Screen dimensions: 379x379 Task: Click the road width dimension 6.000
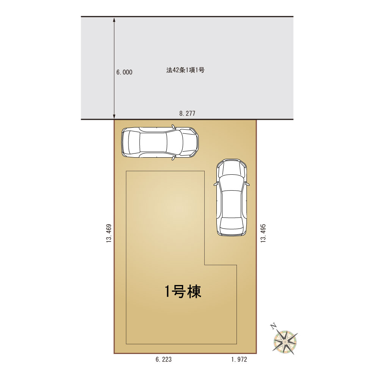click(124, 72)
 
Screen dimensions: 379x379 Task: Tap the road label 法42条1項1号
click(185, 70)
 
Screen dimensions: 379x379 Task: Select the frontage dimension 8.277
click(187, 113)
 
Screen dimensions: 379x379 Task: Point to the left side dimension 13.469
click(109, 233)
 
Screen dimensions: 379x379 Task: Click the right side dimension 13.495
click(263, 233)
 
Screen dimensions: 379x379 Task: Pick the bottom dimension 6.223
click(164, 359)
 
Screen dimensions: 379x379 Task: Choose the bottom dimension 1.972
click(239, 359)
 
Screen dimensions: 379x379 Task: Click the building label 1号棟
click(183, 291)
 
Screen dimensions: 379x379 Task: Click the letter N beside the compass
click(273, 327)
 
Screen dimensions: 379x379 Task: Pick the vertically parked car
click(232, 197)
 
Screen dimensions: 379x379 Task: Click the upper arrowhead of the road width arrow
click(114, 19)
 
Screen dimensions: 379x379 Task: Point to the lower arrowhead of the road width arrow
click(114, 117)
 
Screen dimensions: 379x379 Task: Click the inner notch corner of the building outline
click(205, 265)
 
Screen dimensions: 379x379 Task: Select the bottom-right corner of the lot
click(256, 353)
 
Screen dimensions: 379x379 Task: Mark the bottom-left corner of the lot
click(114, 353)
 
